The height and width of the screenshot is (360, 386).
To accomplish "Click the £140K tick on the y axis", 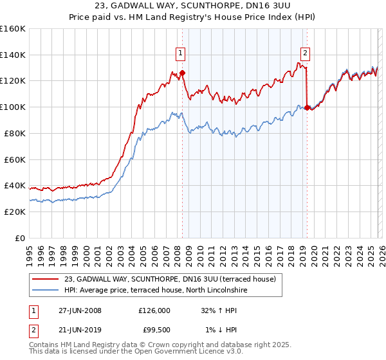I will click(x=12, y=55).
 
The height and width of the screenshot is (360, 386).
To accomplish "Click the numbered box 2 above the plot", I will click(x=304, y=53).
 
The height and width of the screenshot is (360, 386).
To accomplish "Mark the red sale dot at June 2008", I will click(x=182, y=73).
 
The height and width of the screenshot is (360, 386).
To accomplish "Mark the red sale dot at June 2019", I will click(x=307, y=107).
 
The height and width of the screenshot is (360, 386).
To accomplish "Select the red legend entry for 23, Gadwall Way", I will click(x=170, y=279).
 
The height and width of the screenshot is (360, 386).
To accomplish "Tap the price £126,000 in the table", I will click(x=154, y=310).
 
